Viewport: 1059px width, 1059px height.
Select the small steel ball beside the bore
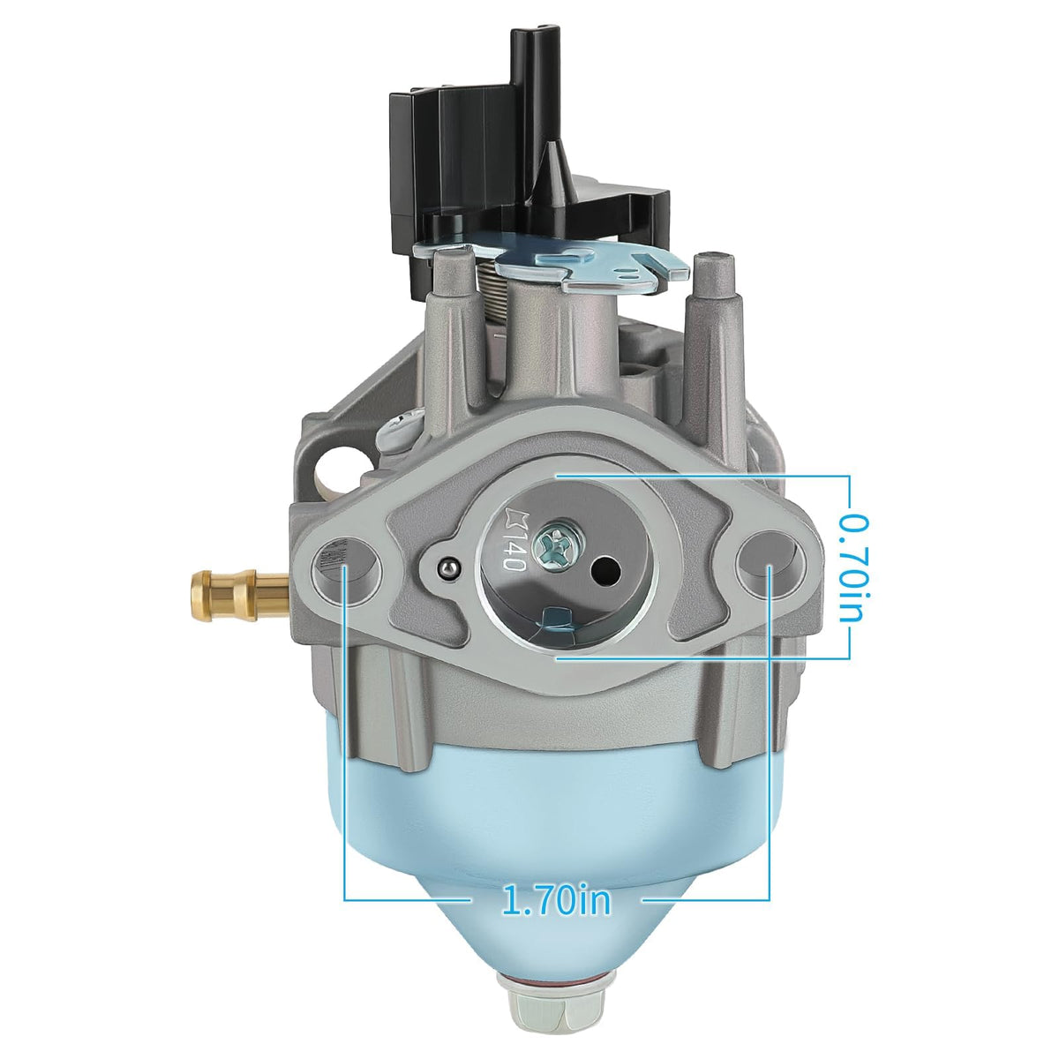(x=449, y=567)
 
